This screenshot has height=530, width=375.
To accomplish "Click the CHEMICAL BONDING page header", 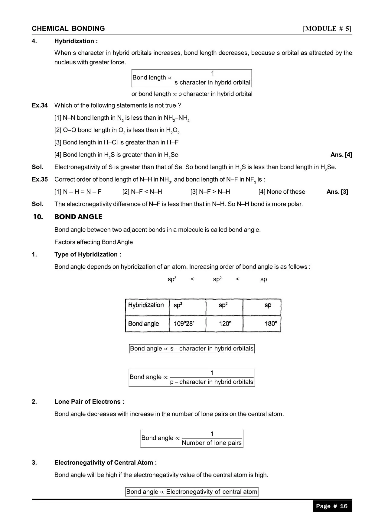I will (x=68, y=29).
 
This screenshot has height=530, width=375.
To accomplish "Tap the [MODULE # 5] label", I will (x=327, y=29).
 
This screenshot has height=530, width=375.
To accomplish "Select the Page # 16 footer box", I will (x=332, y=506).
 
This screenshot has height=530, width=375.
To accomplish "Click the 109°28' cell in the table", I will (x=184, y=324).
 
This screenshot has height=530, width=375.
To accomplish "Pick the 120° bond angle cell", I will (x=225, y=324).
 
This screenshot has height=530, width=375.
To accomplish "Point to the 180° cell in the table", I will (x=271, y=324).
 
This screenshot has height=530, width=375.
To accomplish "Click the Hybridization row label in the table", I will (x=146, y=305).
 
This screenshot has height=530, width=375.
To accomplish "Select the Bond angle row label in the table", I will (x=144, y=324).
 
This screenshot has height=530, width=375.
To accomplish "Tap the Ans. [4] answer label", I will (x=341, y=155).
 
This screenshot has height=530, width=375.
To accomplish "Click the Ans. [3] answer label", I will (x=337, y=192).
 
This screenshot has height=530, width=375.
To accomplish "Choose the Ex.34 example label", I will (x=40, y=105).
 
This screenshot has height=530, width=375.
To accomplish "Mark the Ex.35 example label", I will (x=40, y=179).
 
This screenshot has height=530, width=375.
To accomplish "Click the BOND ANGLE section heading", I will (x=78, y=217).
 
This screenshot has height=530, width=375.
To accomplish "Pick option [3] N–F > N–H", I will (x=210, y=192).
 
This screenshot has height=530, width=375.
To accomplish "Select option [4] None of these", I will (x=282, y=192).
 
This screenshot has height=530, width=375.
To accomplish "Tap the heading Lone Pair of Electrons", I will (x=89, y=402).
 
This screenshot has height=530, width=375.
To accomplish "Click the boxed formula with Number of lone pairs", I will (x=192, y=438).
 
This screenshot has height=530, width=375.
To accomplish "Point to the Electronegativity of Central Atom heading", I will (x=106, y=463).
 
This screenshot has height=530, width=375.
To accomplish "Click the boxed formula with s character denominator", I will (x=191, y=78).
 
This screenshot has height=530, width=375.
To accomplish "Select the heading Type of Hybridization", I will (x=88, y=254).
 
